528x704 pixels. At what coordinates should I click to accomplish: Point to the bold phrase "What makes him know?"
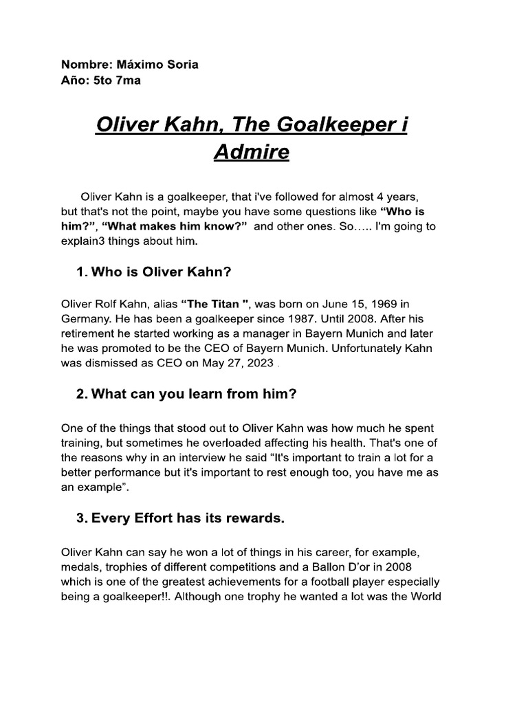pyautogui.click(x=175, y=226)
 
